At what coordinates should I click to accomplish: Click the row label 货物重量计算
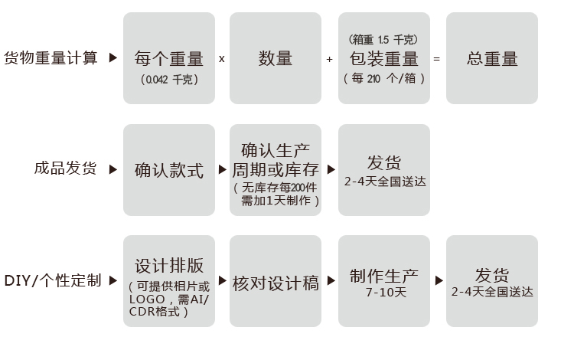pyautogui.click(x=51, y=58)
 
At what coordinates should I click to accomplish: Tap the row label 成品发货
pyautogui.click(x=66, y=169)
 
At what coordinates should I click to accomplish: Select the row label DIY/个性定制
pyautogui.click(x=53, y=281)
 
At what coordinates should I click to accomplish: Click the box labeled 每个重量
pyautogui.click(x=168, y=58)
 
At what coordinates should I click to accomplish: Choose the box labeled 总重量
pyautogui.click(x=492, y=58)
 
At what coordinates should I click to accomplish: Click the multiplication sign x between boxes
pyautogui.click(x=222, y=59)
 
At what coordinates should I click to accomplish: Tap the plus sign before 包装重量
pyautogui.click(x=330, y=59)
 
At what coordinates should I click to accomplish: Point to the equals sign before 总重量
pyautogui.click(x=437, y=59)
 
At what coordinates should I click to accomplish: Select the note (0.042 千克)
pyautogui.click(x=168, y=79)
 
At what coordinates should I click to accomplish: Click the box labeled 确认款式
pyautogui.click(x=168, y=170)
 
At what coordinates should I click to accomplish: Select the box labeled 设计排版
pyautogui.click(x=168, y=281)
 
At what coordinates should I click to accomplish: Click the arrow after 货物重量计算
pyautogui.click(x=113, y=58)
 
